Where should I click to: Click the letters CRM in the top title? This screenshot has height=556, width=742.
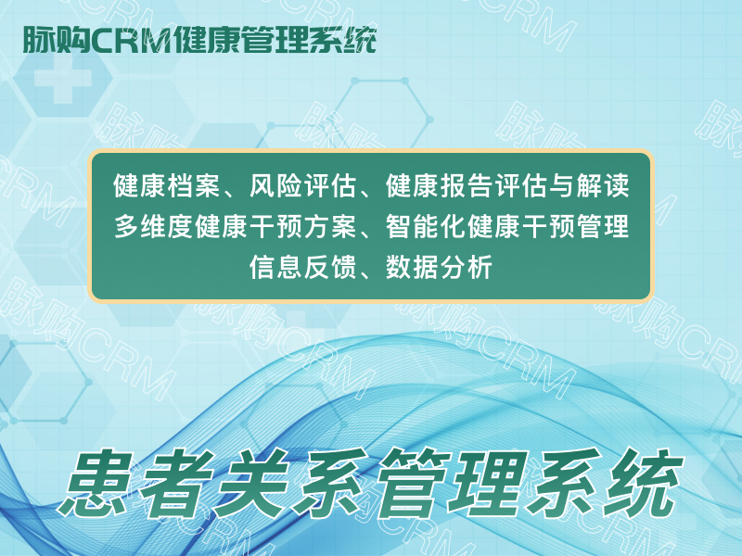tap(131, 40)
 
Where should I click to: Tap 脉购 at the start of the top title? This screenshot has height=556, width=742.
tap(57, 40)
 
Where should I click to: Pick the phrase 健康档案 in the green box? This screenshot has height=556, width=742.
tap(167, 185)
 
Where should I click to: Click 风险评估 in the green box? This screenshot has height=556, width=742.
tap(303, 185)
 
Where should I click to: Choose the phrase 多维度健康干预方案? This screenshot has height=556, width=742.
tap(236, 226)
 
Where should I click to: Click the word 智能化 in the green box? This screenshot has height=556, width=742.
tap(426, 226)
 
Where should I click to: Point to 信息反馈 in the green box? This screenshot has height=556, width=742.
tap(303, 267)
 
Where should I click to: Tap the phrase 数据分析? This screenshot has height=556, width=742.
tap(439, 267)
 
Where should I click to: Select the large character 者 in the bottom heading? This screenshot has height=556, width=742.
tap(176, 483)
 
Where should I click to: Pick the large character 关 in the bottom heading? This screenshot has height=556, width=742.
tap(252, 483)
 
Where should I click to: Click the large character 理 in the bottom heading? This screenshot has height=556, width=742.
tap(489, 483)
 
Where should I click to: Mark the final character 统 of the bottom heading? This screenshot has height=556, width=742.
tap(643, 483)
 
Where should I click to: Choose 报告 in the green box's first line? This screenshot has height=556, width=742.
tap(467, 185)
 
